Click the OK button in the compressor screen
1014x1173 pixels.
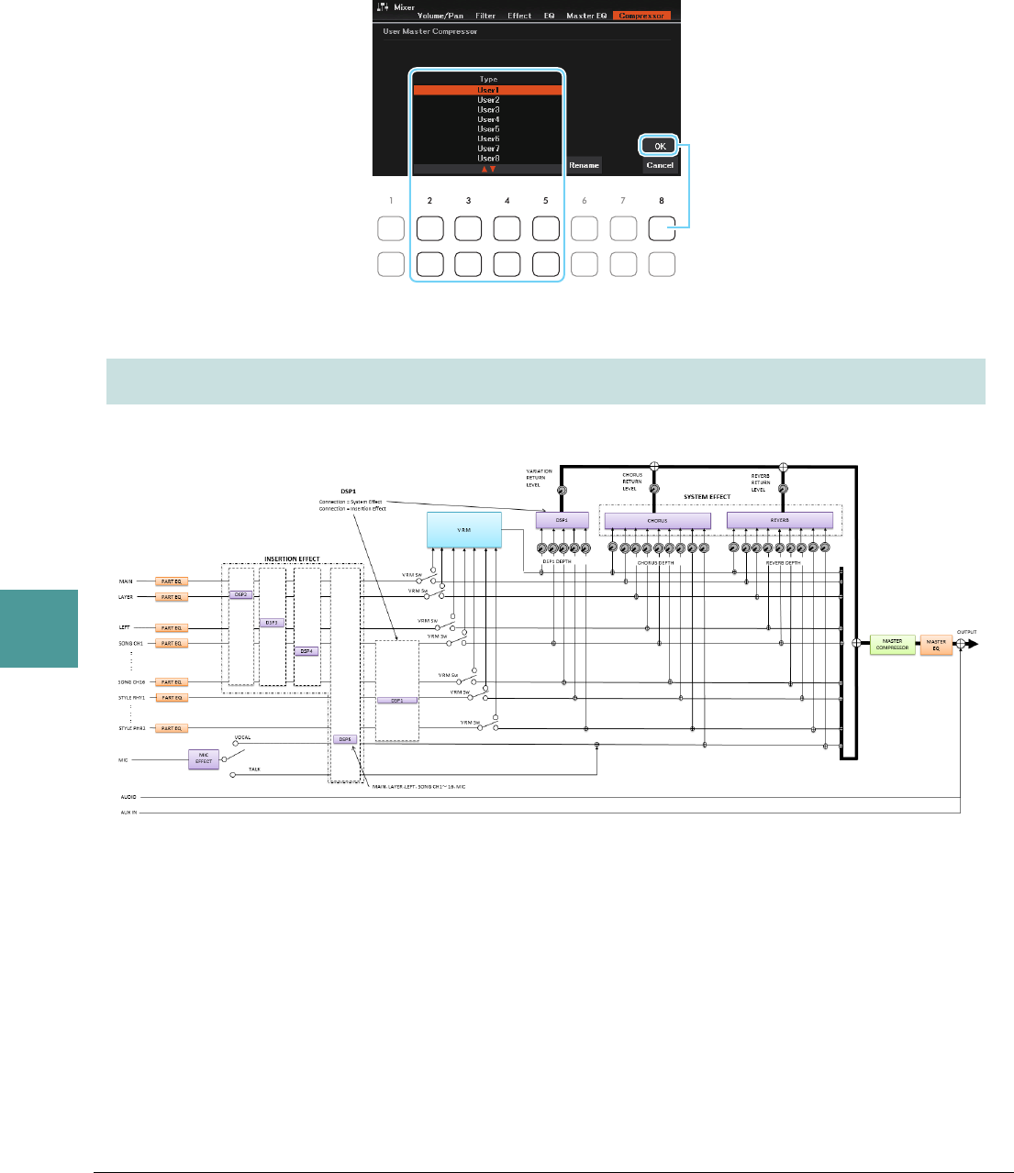click(660, 146)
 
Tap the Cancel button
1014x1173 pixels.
click(660, 165)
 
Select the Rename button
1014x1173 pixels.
click(584, 165)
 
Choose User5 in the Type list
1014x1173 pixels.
click(488, 129)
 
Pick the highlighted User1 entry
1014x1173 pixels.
click(488, 90)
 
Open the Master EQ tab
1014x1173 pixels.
click(585, 16)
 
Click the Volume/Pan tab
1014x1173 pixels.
click(440, 16)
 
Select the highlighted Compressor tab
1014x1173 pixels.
click(641, 16)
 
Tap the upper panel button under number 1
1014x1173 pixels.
click(391, 228)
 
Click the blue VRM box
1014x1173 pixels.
click(464, 530)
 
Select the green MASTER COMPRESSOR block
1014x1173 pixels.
click(892, 644)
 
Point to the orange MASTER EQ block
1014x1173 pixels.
click(936, 644)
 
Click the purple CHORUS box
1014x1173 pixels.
click(657, 521)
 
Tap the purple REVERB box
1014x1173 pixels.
click(779, 521)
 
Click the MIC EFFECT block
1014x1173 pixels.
click(204, 758)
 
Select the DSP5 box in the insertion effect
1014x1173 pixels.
click(344, 738)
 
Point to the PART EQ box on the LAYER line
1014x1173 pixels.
click(172, 597)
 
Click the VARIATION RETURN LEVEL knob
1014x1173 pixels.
click(562, 492)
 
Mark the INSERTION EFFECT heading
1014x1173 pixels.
click(292, 559)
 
